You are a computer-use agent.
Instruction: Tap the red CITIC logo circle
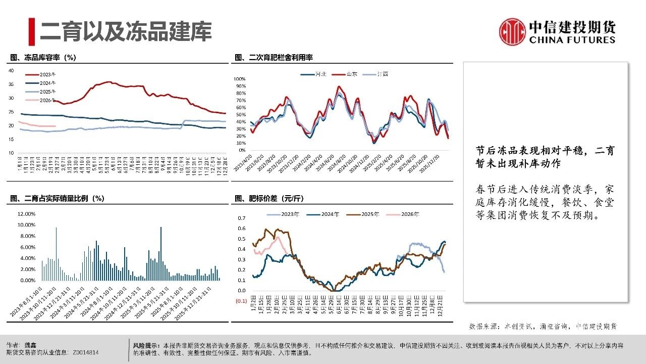point(512,31)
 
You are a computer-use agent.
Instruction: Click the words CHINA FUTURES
point(572,40)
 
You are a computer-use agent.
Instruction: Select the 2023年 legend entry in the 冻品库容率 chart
point(47,75)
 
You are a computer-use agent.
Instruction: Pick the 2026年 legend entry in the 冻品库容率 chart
point(47,100)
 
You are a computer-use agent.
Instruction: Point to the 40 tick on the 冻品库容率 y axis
point(12,70)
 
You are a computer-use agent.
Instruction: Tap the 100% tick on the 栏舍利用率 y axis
point(239,79)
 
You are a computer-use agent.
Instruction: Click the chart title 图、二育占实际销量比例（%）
point(57,199)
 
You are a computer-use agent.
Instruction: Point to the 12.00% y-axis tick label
point(26,213)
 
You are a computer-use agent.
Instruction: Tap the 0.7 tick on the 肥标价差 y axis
point(241,218)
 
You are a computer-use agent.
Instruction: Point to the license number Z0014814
point(86,352)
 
